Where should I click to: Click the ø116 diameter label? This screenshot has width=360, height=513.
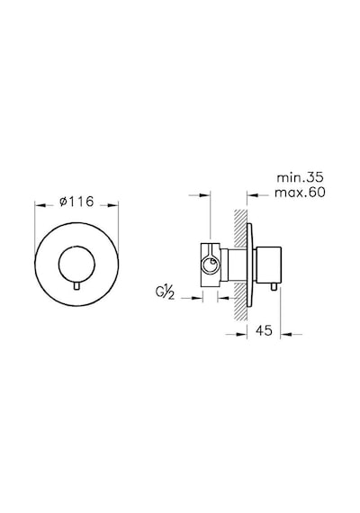click(x=76, y=202)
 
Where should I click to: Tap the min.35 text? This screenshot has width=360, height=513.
click(x=300, y=177)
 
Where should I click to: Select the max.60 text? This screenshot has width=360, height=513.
click(x=300, y=193)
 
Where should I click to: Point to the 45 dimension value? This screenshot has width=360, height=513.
click(x=264, y=331)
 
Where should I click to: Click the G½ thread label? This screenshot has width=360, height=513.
click(x=166, y=292)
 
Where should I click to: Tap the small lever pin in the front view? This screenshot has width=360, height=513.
click(x=76, y=286)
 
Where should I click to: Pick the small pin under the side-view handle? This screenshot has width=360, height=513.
click(x=274, y=286)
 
